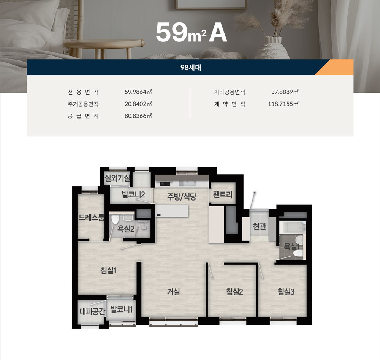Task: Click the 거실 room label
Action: click(174, 291)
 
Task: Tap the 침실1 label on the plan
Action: click(108, 270)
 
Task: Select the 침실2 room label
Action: click(234, 291)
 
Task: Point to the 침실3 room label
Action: click(286, 291)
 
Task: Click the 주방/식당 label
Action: click(182, 196)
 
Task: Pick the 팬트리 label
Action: click(222, 194)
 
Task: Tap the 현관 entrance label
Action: click(260, 226)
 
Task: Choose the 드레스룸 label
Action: click(91, 218)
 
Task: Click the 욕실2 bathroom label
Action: click(126, 229)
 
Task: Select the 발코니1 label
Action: click(122, 309)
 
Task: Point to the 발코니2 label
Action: click(133, 194)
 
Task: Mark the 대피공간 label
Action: click(92, 311)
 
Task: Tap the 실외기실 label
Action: click(117, 178)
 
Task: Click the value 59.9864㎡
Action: click(138, 92)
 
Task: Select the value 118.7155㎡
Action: click(283, 104)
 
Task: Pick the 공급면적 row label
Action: click(83, 116)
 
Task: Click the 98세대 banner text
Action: click(191, 68)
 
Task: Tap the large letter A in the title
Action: click(218, 33)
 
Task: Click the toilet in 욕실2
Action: click(115, 219)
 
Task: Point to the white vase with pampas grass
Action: click(272, 48)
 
